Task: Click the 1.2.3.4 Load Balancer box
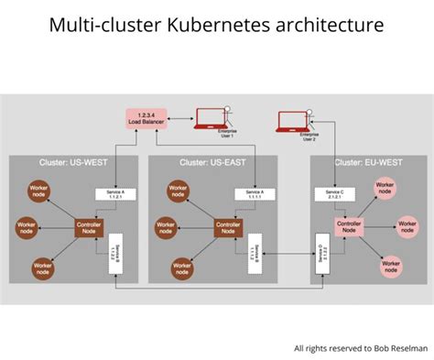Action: pos(145,117)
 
